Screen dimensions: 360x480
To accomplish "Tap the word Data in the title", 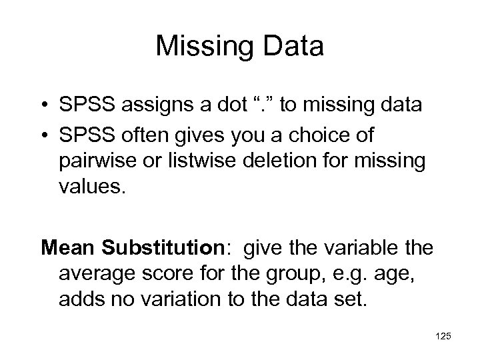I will [x=291, y=47].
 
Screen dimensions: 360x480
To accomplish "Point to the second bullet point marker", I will [x=45, y=136].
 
